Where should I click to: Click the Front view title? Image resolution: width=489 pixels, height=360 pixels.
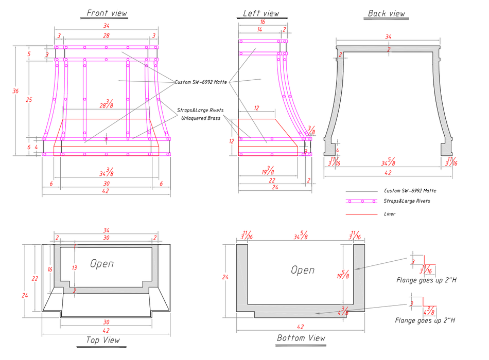point(107,13)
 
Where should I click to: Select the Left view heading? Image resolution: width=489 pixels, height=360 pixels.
point(261,13)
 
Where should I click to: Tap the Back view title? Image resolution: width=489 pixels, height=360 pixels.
point(387,13)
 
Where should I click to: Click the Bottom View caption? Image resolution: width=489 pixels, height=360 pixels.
point(301,338)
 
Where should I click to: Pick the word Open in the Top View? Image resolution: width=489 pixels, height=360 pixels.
point(102,264)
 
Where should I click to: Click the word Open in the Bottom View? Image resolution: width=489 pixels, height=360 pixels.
point(303,269)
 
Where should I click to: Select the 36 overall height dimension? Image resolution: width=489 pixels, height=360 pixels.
point(16,91)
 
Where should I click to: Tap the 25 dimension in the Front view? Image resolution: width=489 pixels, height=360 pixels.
point(29,100)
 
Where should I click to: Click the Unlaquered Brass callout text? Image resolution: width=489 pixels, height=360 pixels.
point(201,118)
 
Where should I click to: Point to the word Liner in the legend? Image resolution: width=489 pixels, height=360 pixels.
point(390,214)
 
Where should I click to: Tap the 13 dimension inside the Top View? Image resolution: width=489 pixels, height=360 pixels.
point(75,267)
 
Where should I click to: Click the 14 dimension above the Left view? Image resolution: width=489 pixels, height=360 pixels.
point(260,30)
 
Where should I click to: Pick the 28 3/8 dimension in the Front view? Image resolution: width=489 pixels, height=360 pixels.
point(107,104)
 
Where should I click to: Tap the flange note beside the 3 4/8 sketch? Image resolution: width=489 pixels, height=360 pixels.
point(425,320)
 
